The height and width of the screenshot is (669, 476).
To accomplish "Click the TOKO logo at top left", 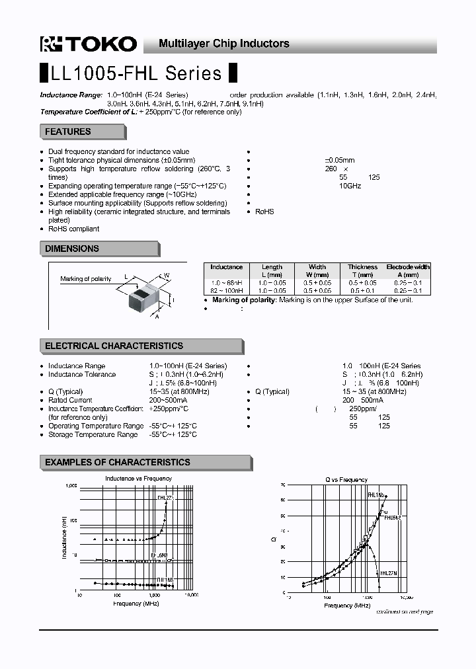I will click(89, 44).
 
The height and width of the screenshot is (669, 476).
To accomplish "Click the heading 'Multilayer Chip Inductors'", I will click(224, 44).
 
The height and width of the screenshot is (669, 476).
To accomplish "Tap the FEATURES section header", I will click(68, 132).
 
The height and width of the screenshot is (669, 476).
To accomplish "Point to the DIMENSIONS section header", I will click(72, 249).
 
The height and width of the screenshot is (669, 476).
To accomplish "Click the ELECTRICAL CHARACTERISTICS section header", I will click(114, 346).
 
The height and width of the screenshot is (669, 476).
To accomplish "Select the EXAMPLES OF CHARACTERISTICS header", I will click(117, 462).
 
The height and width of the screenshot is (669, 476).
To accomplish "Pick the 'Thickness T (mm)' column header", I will click(362, 271).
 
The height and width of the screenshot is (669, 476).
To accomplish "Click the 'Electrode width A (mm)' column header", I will click(408, 271).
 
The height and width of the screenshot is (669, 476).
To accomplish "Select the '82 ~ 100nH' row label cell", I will click(226, 291).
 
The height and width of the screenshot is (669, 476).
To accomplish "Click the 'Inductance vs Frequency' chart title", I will click(138, 478).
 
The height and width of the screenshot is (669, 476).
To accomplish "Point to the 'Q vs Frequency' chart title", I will click(346, 479).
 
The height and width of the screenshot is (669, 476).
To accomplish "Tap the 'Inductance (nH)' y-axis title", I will click(65, 537).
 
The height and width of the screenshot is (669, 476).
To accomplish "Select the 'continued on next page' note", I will click(405, 611).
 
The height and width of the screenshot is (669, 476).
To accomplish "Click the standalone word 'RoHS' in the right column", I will click(264, 212).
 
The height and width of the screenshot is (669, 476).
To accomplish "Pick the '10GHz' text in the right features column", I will click(350, 186).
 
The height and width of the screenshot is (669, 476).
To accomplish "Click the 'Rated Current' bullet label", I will click(70, 400).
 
